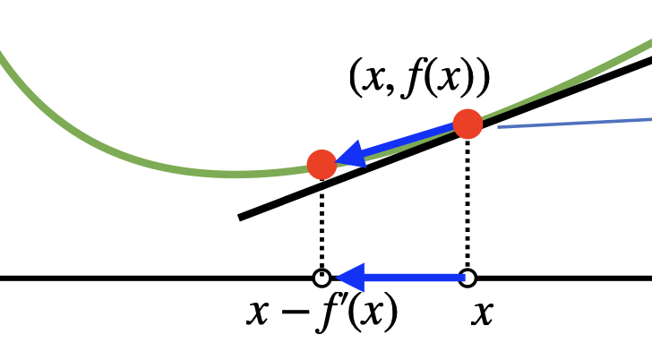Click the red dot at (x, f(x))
coord(468,124)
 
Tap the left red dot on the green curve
coord(322,164)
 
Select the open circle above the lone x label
coord(468,277)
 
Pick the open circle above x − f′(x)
coord(322,277)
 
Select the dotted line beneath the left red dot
coord(322,224)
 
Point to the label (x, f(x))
coord(419,80)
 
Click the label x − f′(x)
coord(322,313)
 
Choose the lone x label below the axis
coord(483,314)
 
